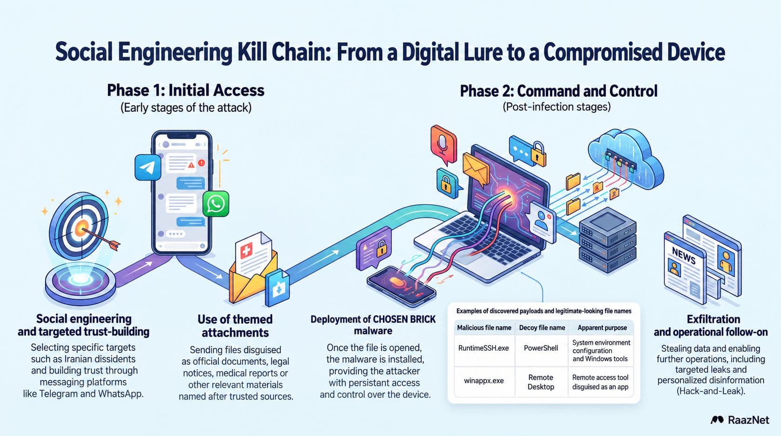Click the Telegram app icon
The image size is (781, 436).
click(x=148, y=168)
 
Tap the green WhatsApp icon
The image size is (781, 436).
click(x=216, y=203)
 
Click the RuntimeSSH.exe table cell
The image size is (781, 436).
click(x=484, y=348)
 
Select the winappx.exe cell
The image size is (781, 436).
click(x=484, y=381)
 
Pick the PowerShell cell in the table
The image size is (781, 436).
click(x=541, y=348)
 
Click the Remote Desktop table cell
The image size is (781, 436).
click(x=541, y=382)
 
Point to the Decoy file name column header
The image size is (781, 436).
click(x=542, y=328)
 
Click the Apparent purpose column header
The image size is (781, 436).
click(x=602, y=328)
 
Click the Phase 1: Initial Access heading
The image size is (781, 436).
click(x=186, y=90)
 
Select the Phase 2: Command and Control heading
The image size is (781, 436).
click(x=559, y=91)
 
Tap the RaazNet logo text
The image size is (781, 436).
click(x=748, y=420)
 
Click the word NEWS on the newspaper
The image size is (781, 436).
click(x=683, y=256)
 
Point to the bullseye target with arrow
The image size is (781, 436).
click(x=82, y=227)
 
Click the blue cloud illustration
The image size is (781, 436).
click(x=624, y=159)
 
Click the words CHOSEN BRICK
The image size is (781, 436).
click(x=404, y=319)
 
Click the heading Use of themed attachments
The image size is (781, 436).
click(x=235, y=326)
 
